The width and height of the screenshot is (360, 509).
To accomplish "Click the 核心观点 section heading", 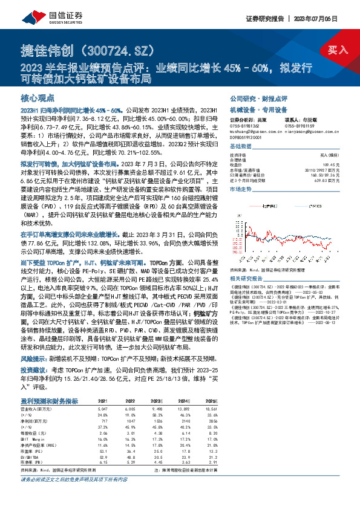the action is click(38, 97).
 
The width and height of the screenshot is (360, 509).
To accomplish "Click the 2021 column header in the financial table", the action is click(102, 401).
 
